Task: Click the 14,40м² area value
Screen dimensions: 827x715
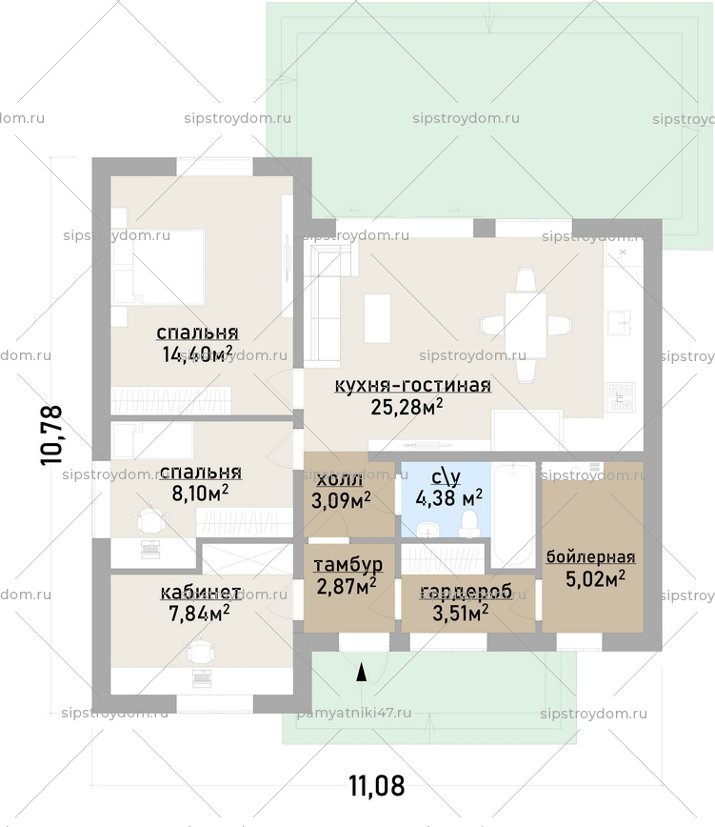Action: coord(197,355)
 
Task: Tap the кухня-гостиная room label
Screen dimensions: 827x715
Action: coord(412,386)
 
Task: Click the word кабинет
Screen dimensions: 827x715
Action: coord(200,594)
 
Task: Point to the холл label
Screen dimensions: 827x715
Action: coord(339,478)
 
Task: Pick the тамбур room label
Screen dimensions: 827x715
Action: coord(348,564)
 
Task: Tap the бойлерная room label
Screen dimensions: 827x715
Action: coord(590,557)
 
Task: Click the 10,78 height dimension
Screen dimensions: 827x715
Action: coord(51,434)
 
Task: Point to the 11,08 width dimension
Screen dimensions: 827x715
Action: coord(376,786)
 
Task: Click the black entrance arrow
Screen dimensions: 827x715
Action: coord(361,674)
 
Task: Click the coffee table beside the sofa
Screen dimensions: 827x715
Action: coord(378,317)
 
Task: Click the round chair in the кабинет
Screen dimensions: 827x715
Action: coord(201,652)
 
